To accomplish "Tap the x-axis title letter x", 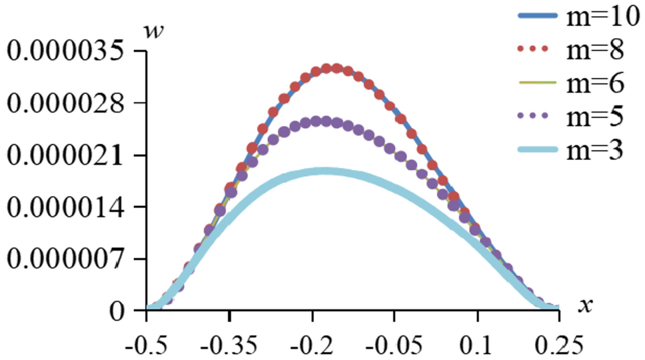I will [x=586, y=305].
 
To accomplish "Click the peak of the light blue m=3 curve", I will [x=324, y=171].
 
